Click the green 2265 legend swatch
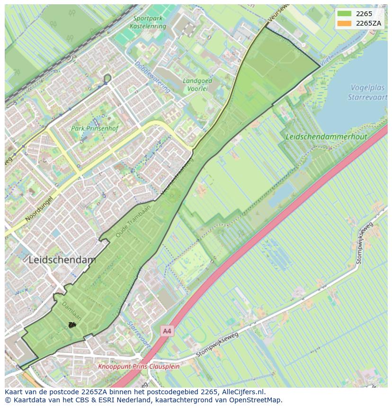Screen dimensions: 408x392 point(344,14)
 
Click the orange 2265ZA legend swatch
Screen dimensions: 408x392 point(344,23)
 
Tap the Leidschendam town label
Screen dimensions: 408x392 point(62,260)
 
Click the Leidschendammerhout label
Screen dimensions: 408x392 point(326,136)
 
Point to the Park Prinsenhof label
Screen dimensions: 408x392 point(94,128)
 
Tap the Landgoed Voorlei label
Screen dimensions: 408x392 point(195,84)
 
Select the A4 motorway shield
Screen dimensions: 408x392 point(167,331)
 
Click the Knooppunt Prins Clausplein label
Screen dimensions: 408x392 point(139,366)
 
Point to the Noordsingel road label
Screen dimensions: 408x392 point(38,209)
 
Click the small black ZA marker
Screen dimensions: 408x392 point(72,325)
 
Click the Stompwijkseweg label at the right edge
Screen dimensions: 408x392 point(364,243)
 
